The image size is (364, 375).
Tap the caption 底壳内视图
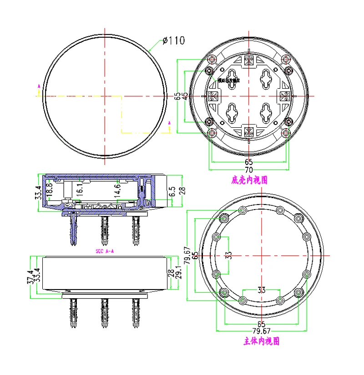[249, 180]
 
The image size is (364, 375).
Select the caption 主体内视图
[261, 341]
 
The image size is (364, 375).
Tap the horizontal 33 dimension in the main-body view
[261, 290]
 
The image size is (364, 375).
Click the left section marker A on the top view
[39, 86]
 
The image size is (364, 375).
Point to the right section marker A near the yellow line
[169, 123]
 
